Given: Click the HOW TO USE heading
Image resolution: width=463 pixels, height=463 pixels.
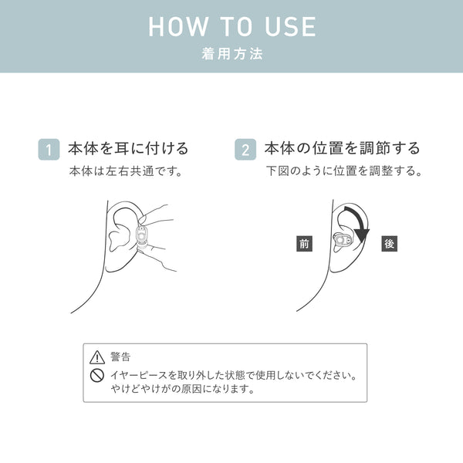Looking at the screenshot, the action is tap(231, 26).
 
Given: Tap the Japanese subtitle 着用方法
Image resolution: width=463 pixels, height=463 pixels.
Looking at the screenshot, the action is tap(232, 54).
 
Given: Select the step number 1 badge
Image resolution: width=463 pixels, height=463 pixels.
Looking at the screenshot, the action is tap(49, 150).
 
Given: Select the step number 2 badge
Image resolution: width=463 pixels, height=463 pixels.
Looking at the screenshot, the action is tap(245, 150).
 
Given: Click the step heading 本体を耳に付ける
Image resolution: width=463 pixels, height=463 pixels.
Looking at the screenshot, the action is tap(128, 148).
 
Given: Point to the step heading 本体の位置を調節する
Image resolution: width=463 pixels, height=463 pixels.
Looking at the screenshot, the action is tap(342, 148).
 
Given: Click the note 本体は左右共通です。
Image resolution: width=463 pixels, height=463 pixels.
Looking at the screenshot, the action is tap(126, 171).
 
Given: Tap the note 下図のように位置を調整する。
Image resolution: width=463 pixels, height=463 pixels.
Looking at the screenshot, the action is tap(344, 171).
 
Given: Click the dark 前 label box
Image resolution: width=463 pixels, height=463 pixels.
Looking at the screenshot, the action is tap(304, 244).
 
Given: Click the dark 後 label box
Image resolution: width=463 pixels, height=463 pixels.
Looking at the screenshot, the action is tap(389, 244).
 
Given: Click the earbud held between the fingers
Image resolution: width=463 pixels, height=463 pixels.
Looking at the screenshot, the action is tap(142, 237).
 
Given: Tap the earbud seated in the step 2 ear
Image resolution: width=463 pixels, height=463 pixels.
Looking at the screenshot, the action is tap(342, 240).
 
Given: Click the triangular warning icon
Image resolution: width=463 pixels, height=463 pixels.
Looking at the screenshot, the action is tap(97, 357).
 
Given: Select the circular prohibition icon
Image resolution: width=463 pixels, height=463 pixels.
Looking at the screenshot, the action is tap(97, 376).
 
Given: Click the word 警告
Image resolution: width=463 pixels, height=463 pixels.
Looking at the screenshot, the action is tap(120, 357).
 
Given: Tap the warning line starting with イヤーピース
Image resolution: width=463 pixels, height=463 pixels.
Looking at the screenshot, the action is tap(233, 376).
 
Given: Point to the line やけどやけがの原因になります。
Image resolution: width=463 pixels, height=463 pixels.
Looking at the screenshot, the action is tap(182, 389).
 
